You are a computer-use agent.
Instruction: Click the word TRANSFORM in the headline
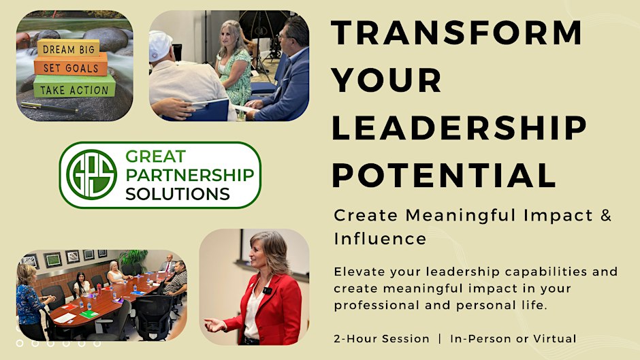point(457,32)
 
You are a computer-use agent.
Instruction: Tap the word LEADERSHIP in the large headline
point(459,128)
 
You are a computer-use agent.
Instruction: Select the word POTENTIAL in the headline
point(444,175)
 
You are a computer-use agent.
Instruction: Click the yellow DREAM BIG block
point(69,48)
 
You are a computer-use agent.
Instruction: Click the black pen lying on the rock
point(48,108)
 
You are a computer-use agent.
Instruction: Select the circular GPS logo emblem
point(91,175)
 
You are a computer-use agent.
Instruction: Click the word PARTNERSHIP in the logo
point(189,175)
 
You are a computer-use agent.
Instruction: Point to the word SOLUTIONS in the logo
point(177,194)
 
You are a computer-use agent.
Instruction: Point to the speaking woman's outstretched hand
point(214,325)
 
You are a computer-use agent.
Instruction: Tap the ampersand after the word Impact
point(606,215)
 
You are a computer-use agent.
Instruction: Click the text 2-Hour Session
point(381,339)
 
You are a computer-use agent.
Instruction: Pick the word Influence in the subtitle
point(380,239)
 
